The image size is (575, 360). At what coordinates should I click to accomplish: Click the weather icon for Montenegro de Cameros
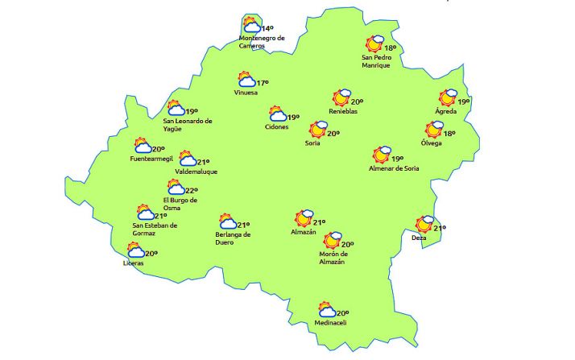(253, 26)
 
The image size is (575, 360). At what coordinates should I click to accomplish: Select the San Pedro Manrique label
(376, 61)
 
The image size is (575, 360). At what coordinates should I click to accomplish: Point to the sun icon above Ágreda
(448, 98)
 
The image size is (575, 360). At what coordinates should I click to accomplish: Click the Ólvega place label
(431, 143)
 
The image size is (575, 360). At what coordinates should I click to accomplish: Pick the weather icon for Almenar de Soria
(381, 155)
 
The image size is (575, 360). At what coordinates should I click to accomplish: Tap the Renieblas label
(343, 111)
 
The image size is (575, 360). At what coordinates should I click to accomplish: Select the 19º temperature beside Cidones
(293, 118)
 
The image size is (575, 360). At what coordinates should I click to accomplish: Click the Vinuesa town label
(246, 93)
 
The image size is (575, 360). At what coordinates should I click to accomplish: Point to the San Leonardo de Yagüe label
(188, 125)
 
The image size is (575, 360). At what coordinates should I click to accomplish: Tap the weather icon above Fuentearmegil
(143, 146)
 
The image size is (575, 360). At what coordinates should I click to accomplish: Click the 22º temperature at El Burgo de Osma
(192, 190)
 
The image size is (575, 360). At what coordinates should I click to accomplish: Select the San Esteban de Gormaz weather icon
(146, 213)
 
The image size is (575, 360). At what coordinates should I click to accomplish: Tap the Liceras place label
(134, 263)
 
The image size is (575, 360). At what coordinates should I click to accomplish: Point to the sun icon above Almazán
(304, 218)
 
